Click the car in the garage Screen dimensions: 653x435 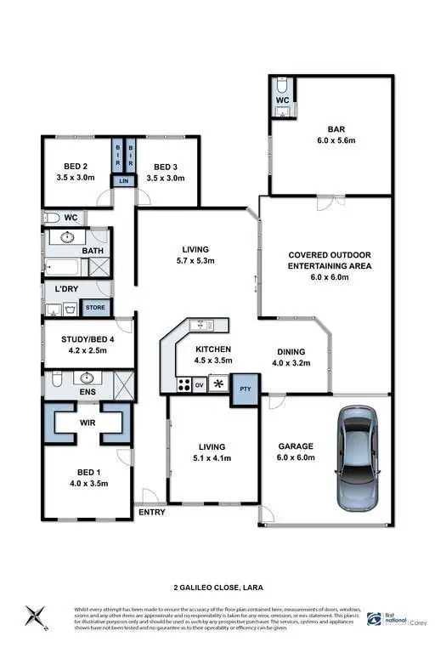[354, 456]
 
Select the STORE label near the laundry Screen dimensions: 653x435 [96, 308]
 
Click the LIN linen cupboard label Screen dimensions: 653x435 [124, 181]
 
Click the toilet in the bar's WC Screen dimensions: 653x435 [281, 88]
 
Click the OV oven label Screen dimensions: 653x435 [201, 385]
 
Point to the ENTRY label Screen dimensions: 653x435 [151, 512]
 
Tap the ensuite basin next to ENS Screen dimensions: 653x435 [85, 378]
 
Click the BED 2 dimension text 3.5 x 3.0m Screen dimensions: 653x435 [76, 179]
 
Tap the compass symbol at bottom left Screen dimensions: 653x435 [34, 614]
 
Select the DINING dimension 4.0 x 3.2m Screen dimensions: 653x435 [291, 363]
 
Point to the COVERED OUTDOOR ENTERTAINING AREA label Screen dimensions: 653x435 [327, 265]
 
